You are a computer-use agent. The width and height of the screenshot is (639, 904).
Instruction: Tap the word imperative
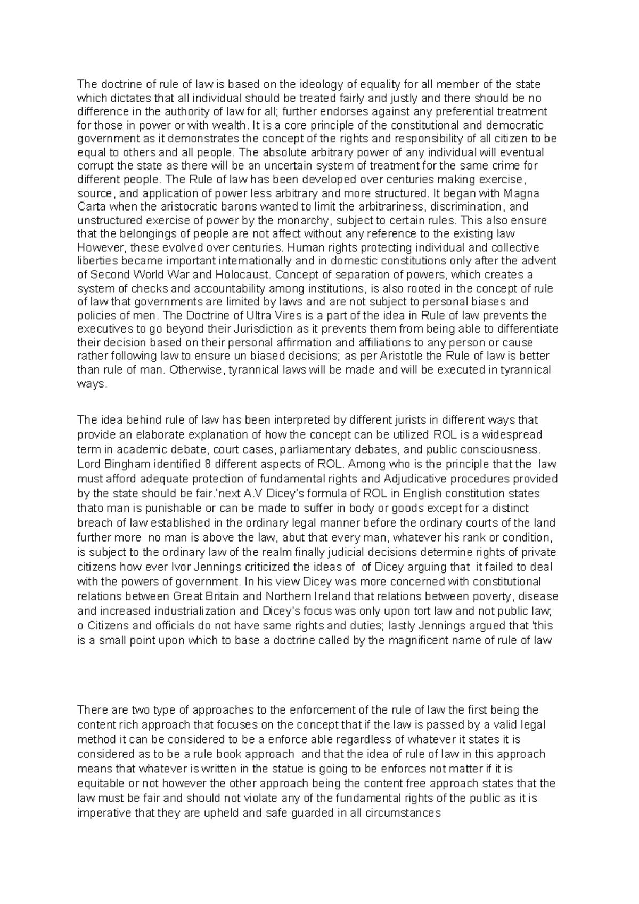coord(104,813)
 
